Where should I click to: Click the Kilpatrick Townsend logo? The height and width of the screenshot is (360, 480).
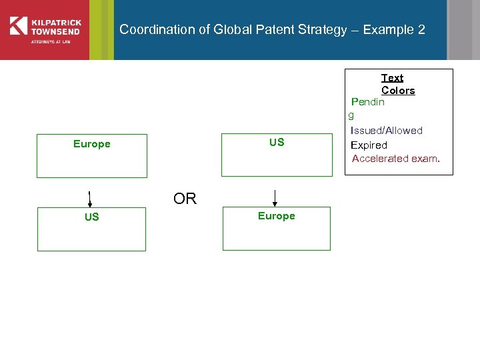click(44, 29)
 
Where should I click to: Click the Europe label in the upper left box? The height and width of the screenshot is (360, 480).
click(91, 144)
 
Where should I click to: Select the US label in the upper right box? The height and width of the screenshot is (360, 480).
click(277, 142)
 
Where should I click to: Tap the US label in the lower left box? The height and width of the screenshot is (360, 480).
click(91, 217)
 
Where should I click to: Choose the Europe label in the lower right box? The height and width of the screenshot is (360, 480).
click(276, 216)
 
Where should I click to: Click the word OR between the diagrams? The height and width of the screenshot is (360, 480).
click(185, 199)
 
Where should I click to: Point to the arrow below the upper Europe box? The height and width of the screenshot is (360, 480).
click(89, 199)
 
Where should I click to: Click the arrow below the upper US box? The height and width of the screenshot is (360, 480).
click(275, 198)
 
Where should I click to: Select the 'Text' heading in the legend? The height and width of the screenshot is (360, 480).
click(392, 78)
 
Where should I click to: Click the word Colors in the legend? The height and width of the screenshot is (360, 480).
click(398, 91)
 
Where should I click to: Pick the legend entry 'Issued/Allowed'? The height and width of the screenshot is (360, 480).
click(387, 131)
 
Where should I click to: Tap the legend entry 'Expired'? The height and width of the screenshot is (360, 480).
click(369, 145)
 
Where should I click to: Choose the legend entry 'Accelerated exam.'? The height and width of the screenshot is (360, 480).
click(396, 159)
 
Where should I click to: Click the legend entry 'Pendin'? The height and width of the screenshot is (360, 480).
click(368, 102)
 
